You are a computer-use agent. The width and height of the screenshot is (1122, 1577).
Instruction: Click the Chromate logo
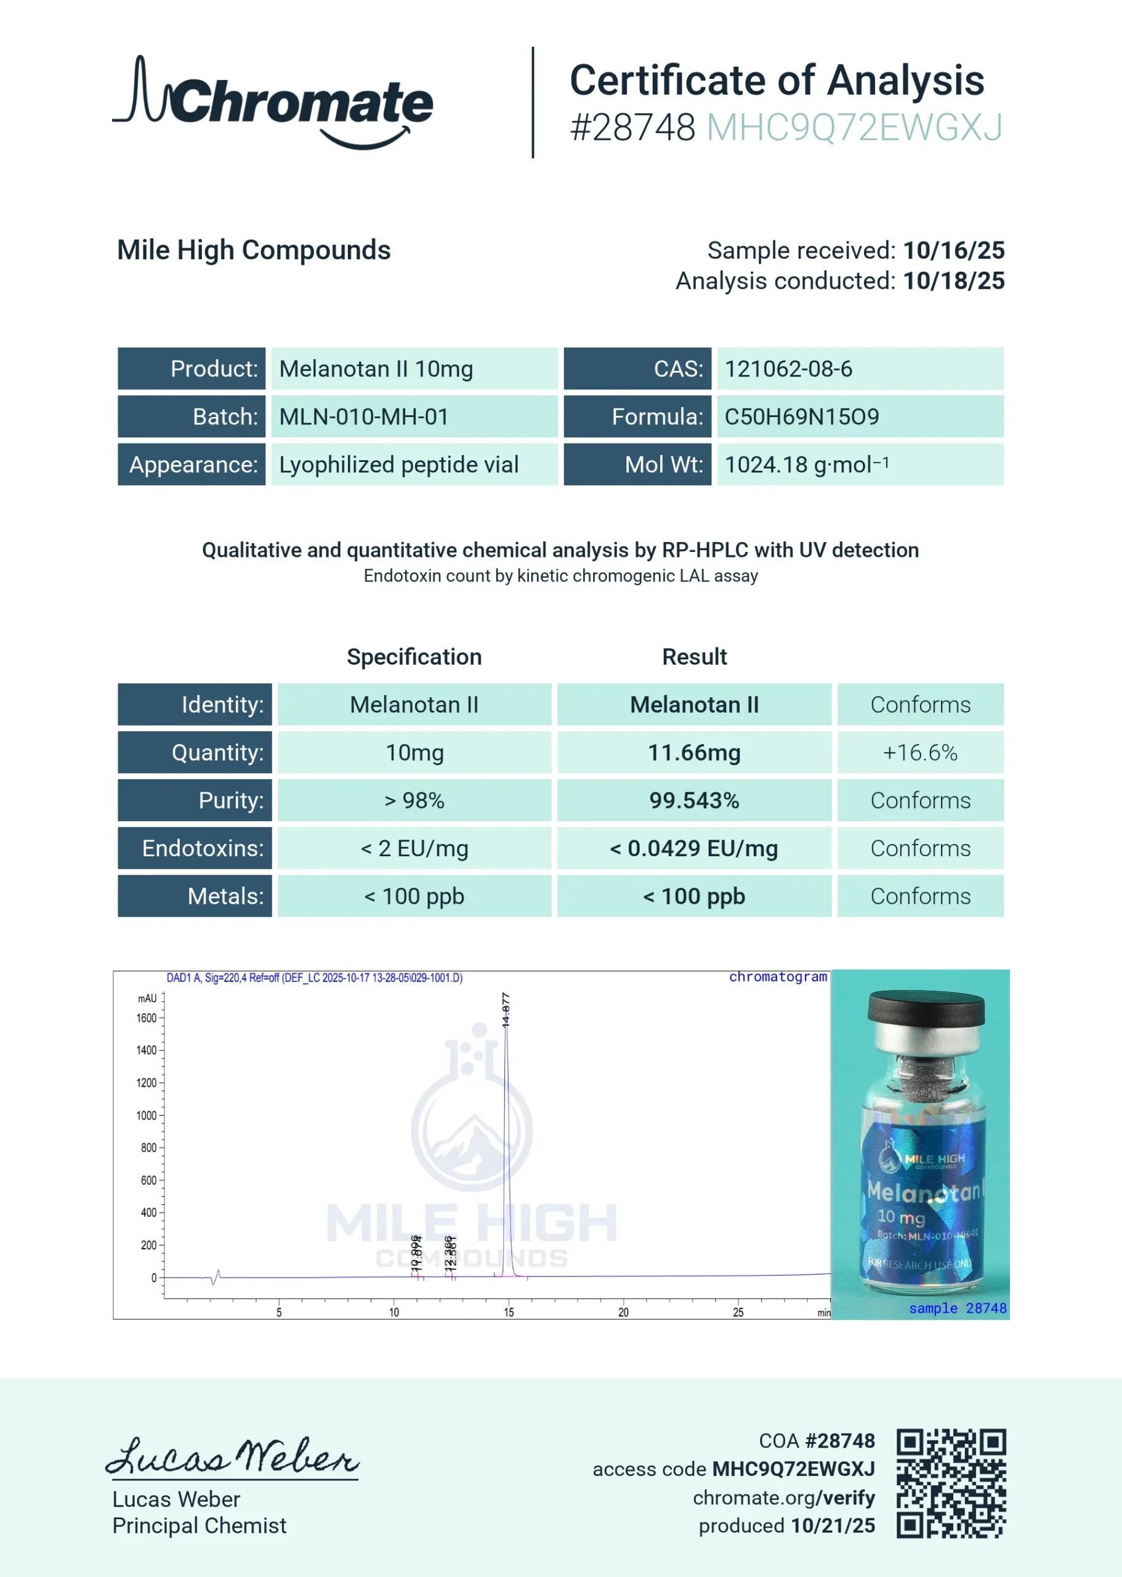[x=273, y=102]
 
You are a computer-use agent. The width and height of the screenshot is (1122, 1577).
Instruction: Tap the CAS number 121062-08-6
[x=788, y=369]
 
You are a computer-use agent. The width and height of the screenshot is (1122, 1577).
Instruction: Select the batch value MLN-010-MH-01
[x=364, y=416]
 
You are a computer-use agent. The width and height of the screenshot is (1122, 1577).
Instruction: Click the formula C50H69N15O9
[x=801, y=416]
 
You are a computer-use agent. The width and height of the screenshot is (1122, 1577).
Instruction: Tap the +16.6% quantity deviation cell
[x=919, y=753]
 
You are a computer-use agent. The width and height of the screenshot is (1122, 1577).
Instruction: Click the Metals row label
[x=225, y=896]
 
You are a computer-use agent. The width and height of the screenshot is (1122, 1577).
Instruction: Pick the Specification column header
[x=414, y=657]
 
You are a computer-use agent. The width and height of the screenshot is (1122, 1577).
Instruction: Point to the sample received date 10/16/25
[x=953, y=250]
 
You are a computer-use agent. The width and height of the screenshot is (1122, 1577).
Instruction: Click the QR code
[x=951, y=1483]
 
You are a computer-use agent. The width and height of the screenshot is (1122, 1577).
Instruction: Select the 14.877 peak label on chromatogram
[x=506, y=1010]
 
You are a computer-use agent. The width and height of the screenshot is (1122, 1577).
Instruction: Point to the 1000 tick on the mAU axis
[x=147, y=1116]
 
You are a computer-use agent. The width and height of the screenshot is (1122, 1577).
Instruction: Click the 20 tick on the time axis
[x=623, y=1312]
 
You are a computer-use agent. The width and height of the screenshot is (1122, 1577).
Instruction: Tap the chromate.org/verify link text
[x=783, y=1498]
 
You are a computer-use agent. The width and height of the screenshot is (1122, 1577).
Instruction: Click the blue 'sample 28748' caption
[x=958, y=1308]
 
